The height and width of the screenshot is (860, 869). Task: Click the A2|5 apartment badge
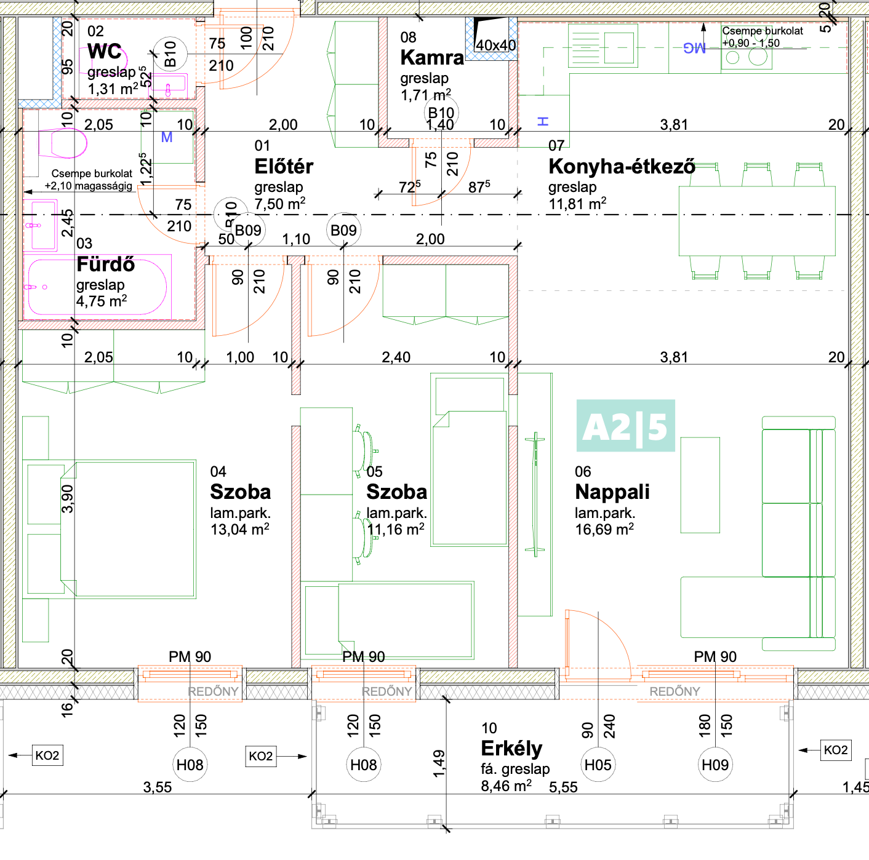coord(625,426)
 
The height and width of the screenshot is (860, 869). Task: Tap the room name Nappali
coord(612,492)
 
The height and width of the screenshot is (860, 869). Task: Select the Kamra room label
coord(431,58)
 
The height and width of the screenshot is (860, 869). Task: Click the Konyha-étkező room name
coord(622,167)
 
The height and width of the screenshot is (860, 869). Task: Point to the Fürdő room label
coord(105,265)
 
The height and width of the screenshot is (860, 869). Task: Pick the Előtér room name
coord(284,167)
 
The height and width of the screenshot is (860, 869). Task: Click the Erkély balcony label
coord(511,749)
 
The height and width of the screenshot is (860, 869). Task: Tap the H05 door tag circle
coord(598,765)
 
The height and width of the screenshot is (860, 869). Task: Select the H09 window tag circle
coord(715,765)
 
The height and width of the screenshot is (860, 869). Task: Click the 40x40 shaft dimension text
coord(495,46)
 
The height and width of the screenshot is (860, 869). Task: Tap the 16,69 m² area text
coord(604,530)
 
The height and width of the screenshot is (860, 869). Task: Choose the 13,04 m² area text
coord(239,530)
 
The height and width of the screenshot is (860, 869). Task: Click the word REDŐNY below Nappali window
coord(675,691)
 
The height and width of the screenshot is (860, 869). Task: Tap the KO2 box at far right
coord(835,750)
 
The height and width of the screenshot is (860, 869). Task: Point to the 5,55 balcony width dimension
coord(563,787)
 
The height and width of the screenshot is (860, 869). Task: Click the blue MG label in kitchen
coord(694,48)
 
